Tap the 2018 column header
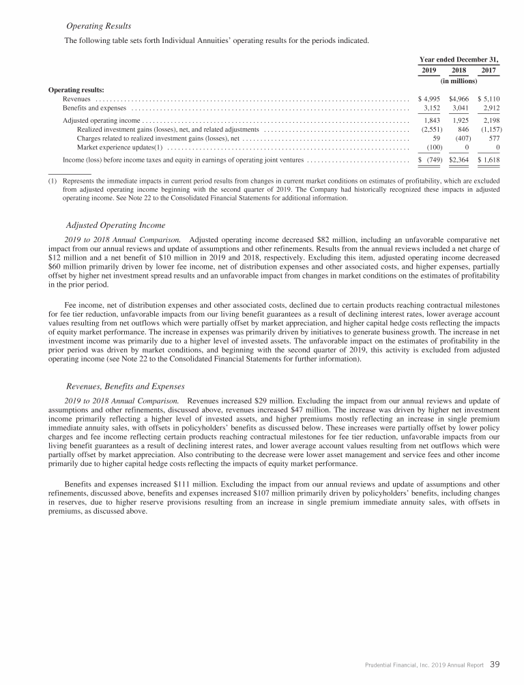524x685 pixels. tap(458, 70)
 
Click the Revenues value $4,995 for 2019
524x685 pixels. tap(431, 99)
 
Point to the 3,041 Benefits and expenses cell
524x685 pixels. tap(460, 108)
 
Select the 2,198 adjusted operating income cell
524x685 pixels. tap(489, 120)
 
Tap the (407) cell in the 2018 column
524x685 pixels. tap(461, 138)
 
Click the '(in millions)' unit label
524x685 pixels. tap(458, 81)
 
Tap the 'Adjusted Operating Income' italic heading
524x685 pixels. tap(115, 225)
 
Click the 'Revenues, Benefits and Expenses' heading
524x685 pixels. tap(126, 386)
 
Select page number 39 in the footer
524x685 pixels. tap(495, 665)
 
